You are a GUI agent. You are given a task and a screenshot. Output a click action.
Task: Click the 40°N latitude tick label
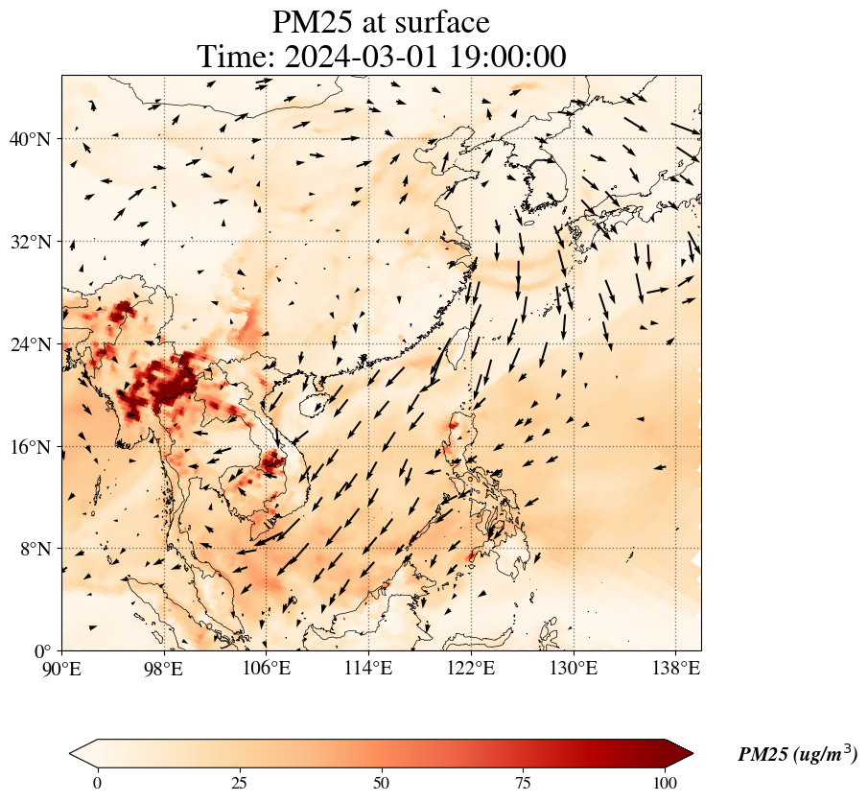click(35, 139)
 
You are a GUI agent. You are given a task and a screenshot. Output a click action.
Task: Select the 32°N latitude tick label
click(35, 242)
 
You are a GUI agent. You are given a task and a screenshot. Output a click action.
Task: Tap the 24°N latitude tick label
click(35, 344)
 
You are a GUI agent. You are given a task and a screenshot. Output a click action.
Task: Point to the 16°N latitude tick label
click(35, 447)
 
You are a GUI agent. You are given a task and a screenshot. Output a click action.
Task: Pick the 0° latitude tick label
click(44, 651)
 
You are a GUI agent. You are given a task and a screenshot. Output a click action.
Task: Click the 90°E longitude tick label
click(62, 668)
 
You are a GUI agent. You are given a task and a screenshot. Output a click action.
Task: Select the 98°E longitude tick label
click(164, 668)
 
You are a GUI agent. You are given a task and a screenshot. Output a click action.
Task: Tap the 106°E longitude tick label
click(267, 668)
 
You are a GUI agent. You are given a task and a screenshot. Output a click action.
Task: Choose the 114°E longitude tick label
click(368, 668)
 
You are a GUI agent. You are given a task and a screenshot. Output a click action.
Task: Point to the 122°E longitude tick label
click(471, 668)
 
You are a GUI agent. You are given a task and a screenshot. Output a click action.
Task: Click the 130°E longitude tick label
click(573, 668)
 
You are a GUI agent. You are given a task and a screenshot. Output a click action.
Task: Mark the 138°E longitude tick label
click(675, 668)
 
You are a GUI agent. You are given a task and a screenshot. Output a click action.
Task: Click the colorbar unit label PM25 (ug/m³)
click(797, 754)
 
